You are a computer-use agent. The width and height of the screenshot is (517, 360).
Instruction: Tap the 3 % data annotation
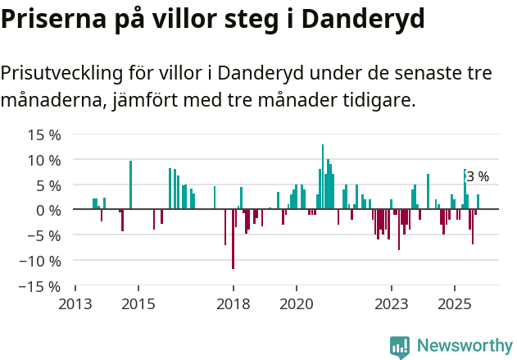click(x=478, y=176)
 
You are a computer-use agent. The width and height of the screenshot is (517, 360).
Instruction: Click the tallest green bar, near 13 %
click(x=323, y=176)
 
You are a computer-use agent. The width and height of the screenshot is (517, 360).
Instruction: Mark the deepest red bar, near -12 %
click(x=233, y=239)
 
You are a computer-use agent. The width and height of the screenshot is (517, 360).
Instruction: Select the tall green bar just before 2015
click(x=130, y=185)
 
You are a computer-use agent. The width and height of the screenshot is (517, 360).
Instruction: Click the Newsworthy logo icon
click(x=400, y=346)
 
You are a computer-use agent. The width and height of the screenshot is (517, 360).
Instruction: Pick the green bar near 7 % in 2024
click(x=428, y=192)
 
